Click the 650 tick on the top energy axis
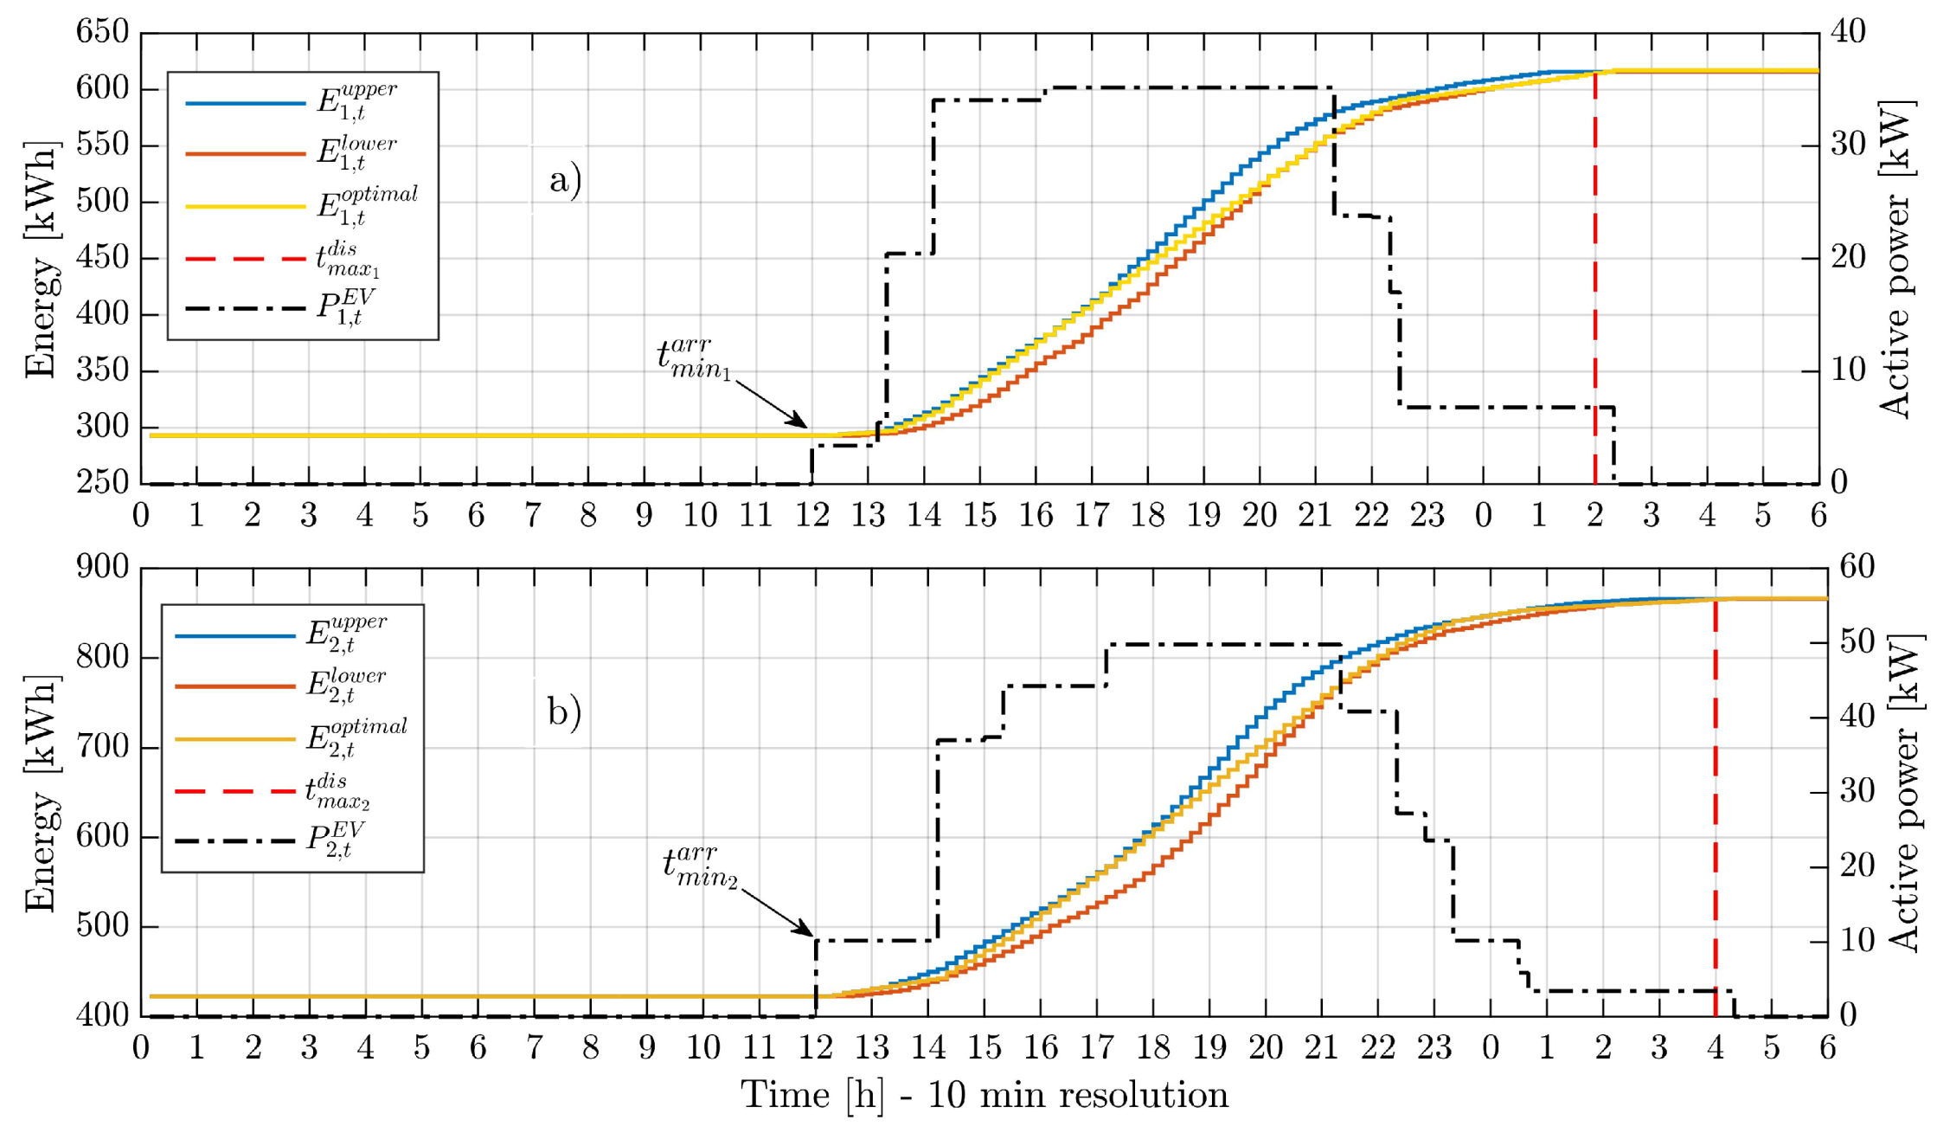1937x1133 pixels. [102, 33]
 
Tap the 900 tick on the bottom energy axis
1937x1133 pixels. [102, 568]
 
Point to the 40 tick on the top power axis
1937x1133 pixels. [1846, 33]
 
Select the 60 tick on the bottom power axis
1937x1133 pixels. [1857, 568]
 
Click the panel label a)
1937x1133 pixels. [565, 181]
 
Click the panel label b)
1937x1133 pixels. [564, 712]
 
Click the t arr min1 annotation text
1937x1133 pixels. [695, 358]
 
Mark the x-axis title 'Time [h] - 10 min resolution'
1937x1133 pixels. [984, 1096]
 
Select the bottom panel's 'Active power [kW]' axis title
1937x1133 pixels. [1902, 792]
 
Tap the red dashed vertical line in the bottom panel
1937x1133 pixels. [1716, 805]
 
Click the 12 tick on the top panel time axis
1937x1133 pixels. [812, 516]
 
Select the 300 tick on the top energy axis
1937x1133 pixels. [102, 428]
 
